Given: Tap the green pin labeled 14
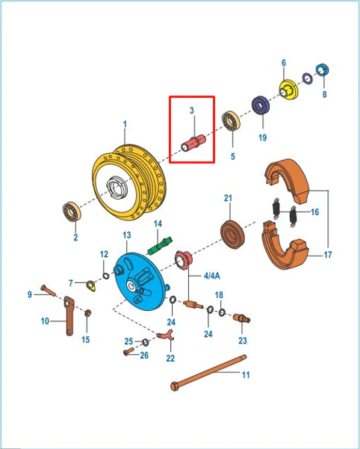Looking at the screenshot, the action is pos(160,246).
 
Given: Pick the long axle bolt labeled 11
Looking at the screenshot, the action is pos(208,372).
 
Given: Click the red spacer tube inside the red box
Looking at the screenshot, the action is pos(193,143).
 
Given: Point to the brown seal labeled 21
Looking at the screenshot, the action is pos(232,235).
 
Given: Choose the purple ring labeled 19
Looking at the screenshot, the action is pos(261,105).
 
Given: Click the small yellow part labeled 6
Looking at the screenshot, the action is pos(288,90).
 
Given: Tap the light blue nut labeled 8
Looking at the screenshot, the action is pos(322,70).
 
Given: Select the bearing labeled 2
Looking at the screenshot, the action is pos(72,211).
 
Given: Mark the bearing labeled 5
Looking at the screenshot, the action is pos(231,120).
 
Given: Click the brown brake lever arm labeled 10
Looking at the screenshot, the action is pos(69,315).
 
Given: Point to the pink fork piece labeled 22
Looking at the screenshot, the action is pos(166,335).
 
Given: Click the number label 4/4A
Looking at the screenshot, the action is pos(212,276).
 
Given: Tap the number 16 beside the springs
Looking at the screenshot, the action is pos(314,212).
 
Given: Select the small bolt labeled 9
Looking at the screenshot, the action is pos(48,291).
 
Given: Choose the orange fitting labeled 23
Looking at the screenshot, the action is pos(242,318).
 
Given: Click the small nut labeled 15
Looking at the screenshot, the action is pos(88,313).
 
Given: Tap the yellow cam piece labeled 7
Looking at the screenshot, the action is pos(91,285).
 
